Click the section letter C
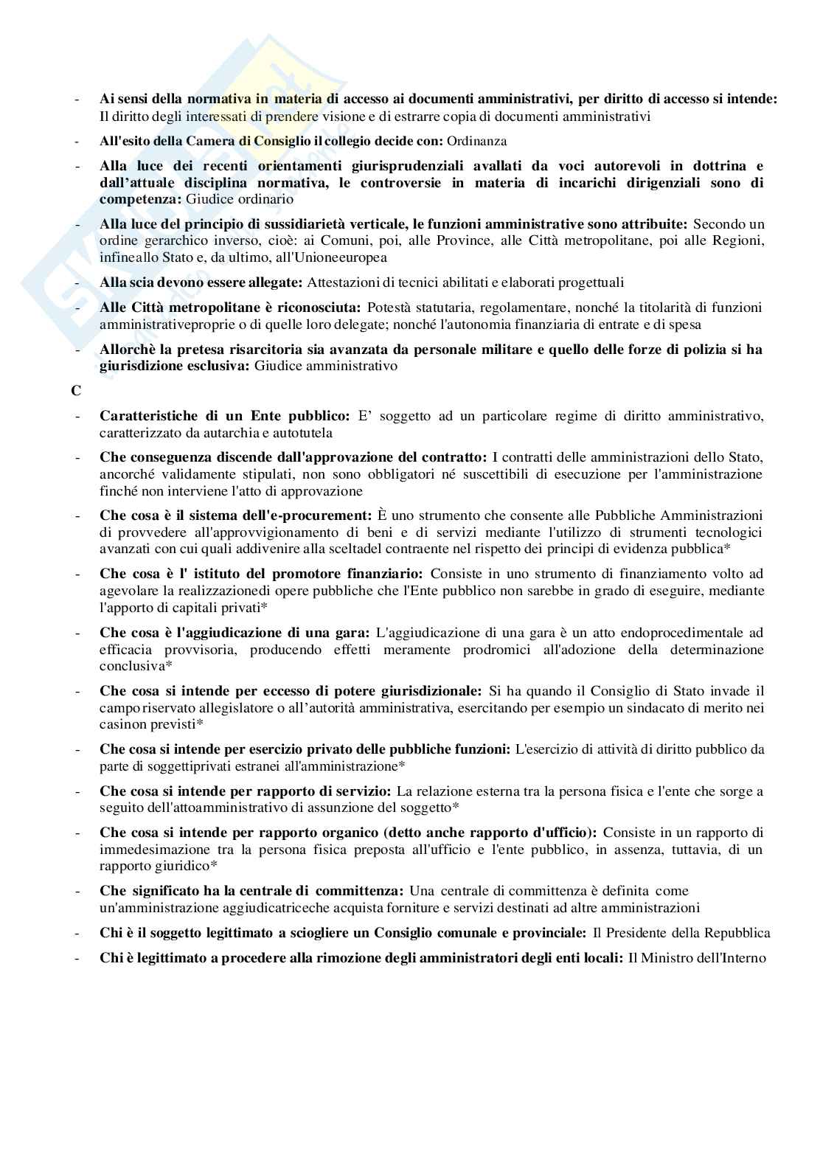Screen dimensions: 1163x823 pos(76,392)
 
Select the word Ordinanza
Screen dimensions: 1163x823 pos(477,141)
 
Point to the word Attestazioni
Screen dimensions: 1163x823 pos(341,282)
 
